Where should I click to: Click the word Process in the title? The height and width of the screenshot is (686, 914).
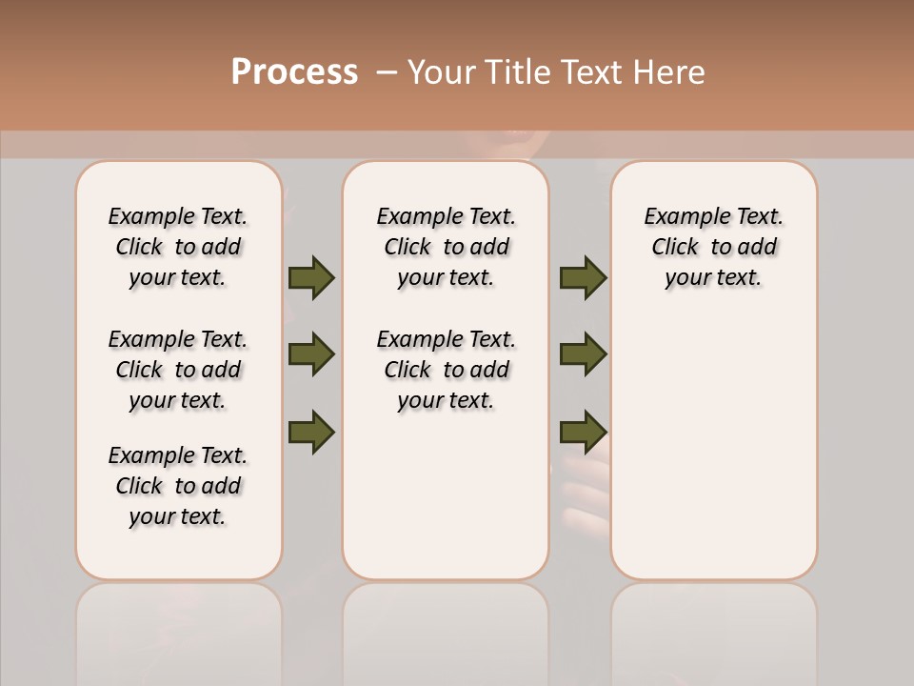pos(294,72)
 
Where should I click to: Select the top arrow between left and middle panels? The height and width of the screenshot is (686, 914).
pos(311,277)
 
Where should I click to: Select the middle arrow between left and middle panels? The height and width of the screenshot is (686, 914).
pos(311,354)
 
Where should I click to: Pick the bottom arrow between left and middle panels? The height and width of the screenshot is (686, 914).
pos(311,432)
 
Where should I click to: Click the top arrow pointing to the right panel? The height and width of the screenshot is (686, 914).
pos(583,277)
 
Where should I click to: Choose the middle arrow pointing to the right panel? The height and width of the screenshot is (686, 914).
pos(583,354)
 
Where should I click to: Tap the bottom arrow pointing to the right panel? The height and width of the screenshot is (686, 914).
pos(583,432)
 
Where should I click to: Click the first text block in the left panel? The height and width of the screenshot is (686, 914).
pos(178,247)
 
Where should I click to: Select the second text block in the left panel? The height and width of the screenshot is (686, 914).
pos(178,370)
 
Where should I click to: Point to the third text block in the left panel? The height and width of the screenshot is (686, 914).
pos(178,486)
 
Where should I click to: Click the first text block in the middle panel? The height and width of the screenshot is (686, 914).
pos(446,247)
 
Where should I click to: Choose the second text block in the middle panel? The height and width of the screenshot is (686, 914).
pos(446,370)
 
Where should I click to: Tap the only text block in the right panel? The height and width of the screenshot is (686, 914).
pos(713,247)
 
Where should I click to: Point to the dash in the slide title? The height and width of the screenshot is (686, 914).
pos(386,72)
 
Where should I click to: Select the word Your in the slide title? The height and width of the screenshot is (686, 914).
pos(441,72)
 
